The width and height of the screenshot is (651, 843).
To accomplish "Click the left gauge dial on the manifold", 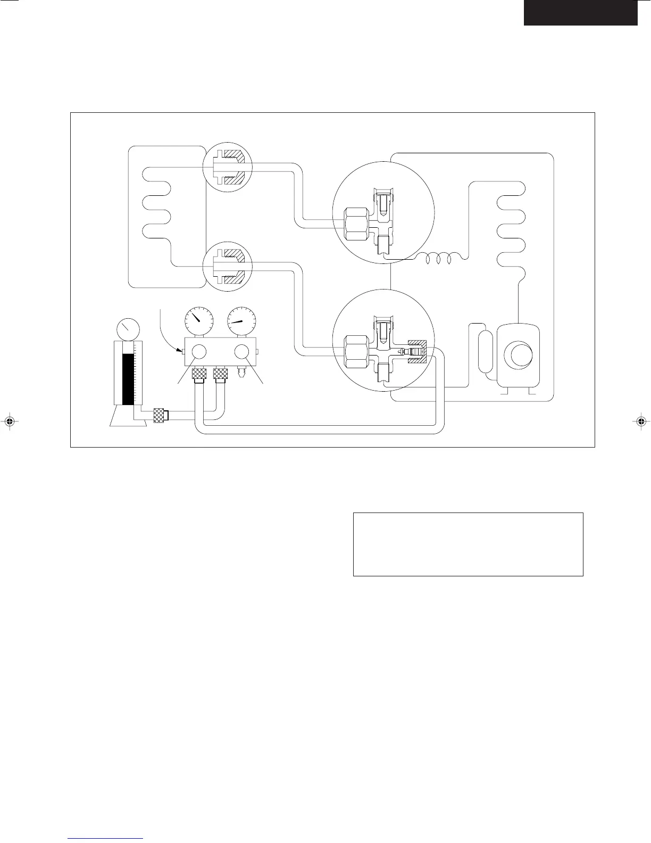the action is (x=198, y=320).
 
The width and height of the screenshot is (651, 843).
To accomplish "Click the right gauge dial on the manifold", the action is (x=241, y=320).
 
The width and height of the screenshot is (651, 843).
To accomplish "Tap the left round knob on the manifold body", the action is (x=198, y=352).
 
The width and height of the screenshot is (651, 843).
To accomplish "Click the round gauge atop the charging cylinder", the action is (x=128, y=330).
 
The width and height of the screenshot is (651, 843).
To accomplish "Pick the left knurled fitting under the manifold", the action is (x=198, y=375).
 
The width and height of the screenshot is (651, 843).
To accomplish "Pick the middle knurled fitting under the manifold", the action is (x=220, y=375).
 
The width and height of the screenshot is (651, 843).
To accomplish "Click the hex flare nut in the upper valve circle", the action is (x=355, y=224).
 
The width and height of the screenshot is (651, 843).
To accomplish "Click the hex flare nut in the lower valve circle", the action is (x=355, y=352).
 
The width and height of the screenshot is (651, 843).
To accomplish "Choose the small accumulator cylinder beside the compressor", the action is (x=487, y=352).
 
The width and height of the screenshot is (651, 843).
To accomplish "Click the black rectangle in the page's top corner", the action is (x=580, y=12).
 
